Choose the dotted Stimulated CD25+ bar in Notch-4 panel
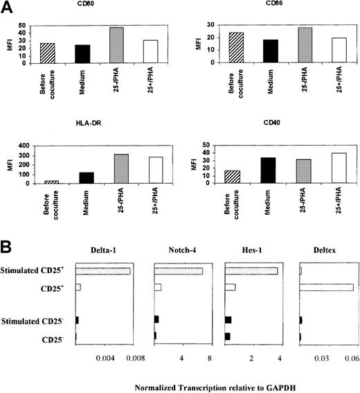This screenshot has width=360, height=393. tap(179, 271)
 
